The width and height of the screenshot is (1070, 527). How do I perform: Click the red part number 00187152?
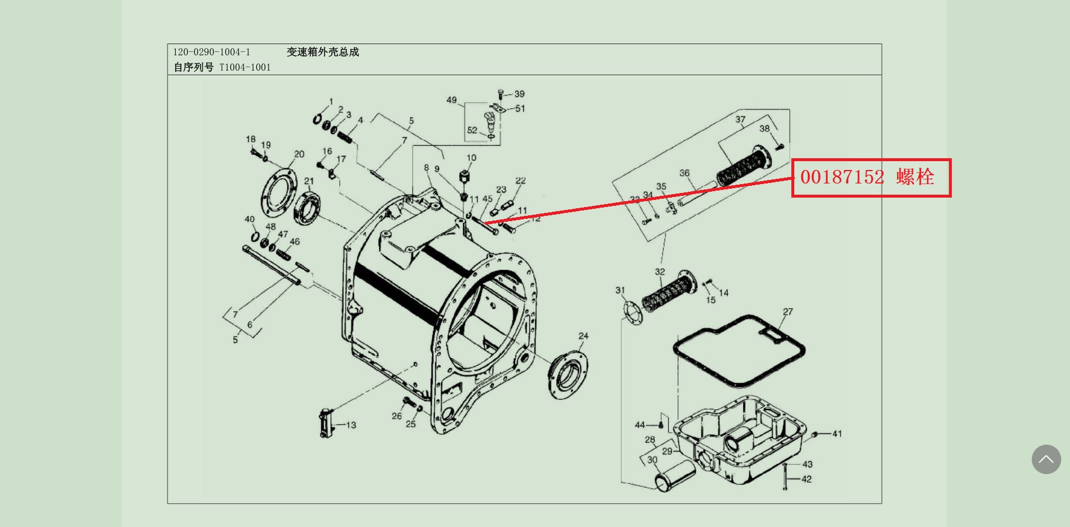pos(842,177)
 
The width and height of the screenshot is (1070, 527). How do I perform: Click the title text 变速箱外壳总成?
pos(323,52)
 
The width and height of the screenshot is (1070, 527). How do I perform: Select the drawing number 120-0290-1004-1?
pos(212,52)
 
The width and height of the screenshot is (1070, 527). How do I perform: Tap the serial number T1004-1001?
pos(245,68)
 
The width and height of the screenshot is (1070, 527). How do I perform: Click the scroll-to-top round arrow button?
pos(1046,459)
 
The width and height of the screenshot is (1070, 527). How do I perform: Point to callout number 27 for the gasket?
pos(788,312)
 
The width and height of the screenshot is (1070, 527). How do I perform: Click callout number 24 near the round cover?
pos(583,336)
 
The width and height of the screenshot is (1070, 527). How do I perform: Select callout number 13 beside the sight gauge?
pos(351,425)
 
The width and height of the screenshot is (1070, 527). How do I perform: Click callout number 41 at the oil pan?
pos(837,433)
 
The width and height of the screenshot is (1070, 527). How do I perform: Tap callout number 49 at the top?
pos(452,100)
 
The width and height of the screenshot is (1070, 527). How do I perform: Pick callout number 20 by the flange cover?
pos(299,154)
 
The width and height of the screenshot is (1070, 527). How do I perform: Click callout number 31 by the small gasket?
pos(620,290)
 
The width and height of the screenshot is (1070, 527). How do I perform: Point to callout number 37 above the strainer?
pos(740,119)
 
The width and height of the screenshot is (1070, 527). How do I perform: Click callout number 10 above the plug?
pos(472,158)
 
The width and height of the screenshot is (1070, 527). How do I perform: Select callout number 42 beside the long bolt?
pos(807,479)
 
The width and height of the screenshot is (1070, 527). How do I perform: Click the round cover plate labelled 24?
pos(568,374)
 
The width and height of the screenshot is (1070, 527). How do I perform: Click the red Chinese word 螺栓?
pos(915,177)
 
